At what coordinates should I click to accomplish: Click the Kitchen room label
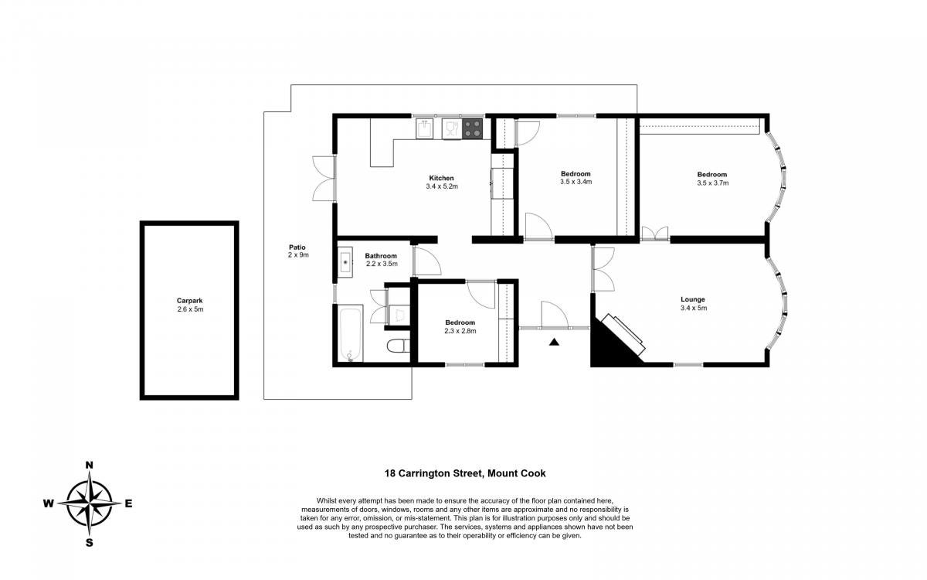pyautogui.click(x=441, y=178)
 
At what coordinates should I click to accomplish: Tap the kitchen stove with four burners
pyautogui.click(x=472, y=128)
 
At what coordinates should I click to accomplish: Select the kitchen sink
pyautogui.click(x=425, y=128)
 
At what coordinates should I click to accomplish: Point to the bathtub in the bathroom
pyautogui.click(x=351, y=334)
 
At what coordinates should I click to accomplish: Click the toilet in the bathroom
pyautogui.click(x=399, y=346)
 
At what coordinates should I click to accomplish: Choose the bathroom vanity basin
pyautogui.click(x=345, y=262)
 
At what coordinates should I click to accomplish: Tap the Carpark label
pyautogui.click(x=189, y=301)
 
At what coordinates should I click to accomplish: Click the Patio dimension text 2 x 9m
pyautogui.click(x=298, y=255)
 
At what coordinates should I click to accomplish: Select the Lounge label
pyautogui.click(x=693, y=299)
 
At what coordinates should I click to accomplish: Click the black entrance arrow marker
pyautogui.click(x=555, y=342)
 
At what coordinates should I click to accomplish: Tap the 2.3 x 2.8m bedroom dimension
pyautogui.click(x=460, y=331)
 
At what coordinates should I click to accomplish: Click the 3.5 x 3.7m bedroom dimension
pyautogui.click(x=712, y=183)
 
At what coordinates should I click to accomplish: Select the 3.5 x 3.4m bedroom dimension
pyautogui.click(x=576, y=182)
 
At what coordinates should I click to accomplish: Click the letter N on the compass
pyautogui.click(x=89, y=466)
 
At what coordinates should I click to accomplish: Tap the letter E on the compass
pyautogui.click(x=129, y=503)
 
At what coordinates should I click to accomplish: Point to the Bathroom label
pyautogui.click(x=381, y=256)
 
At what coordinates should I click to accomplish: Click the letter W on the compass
pyautogui.click(x=49, y=503)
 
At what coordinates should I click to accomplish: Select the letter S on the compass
pyautogui.click(x=89, y=543)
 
